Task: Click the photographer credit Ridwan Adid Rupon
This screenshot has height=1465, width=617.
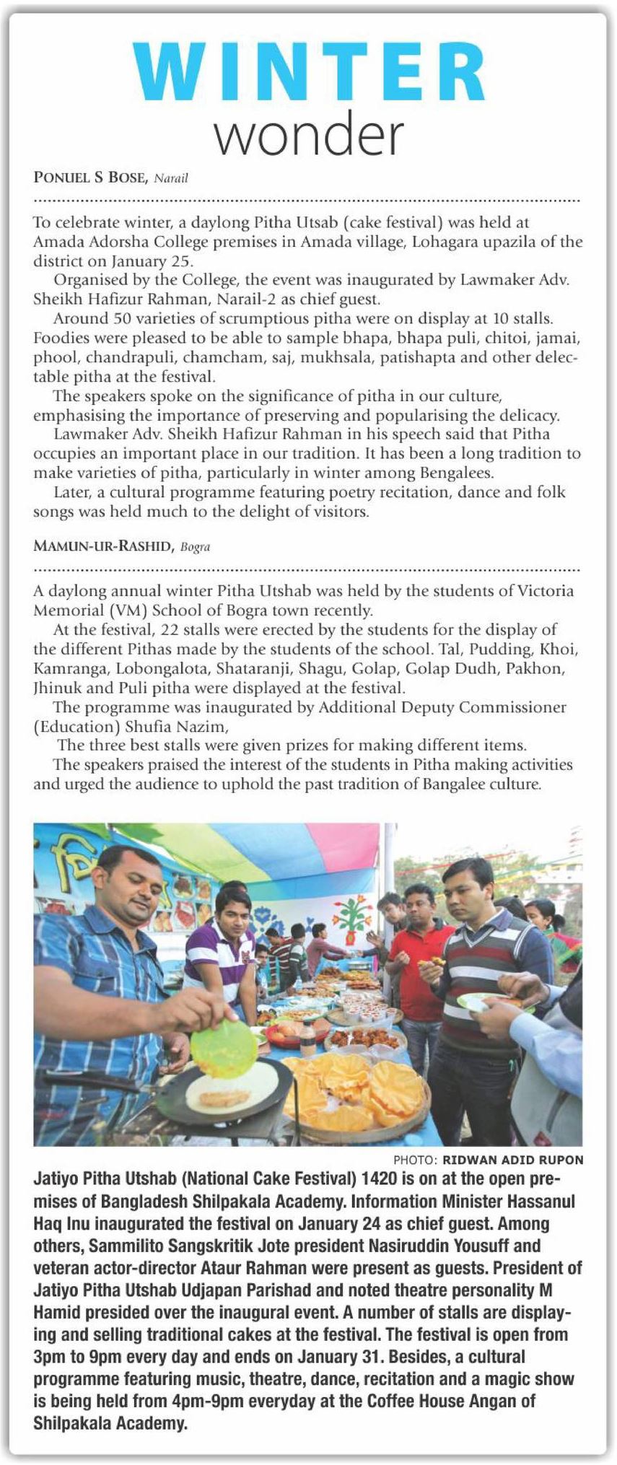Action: (512, 1160)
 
